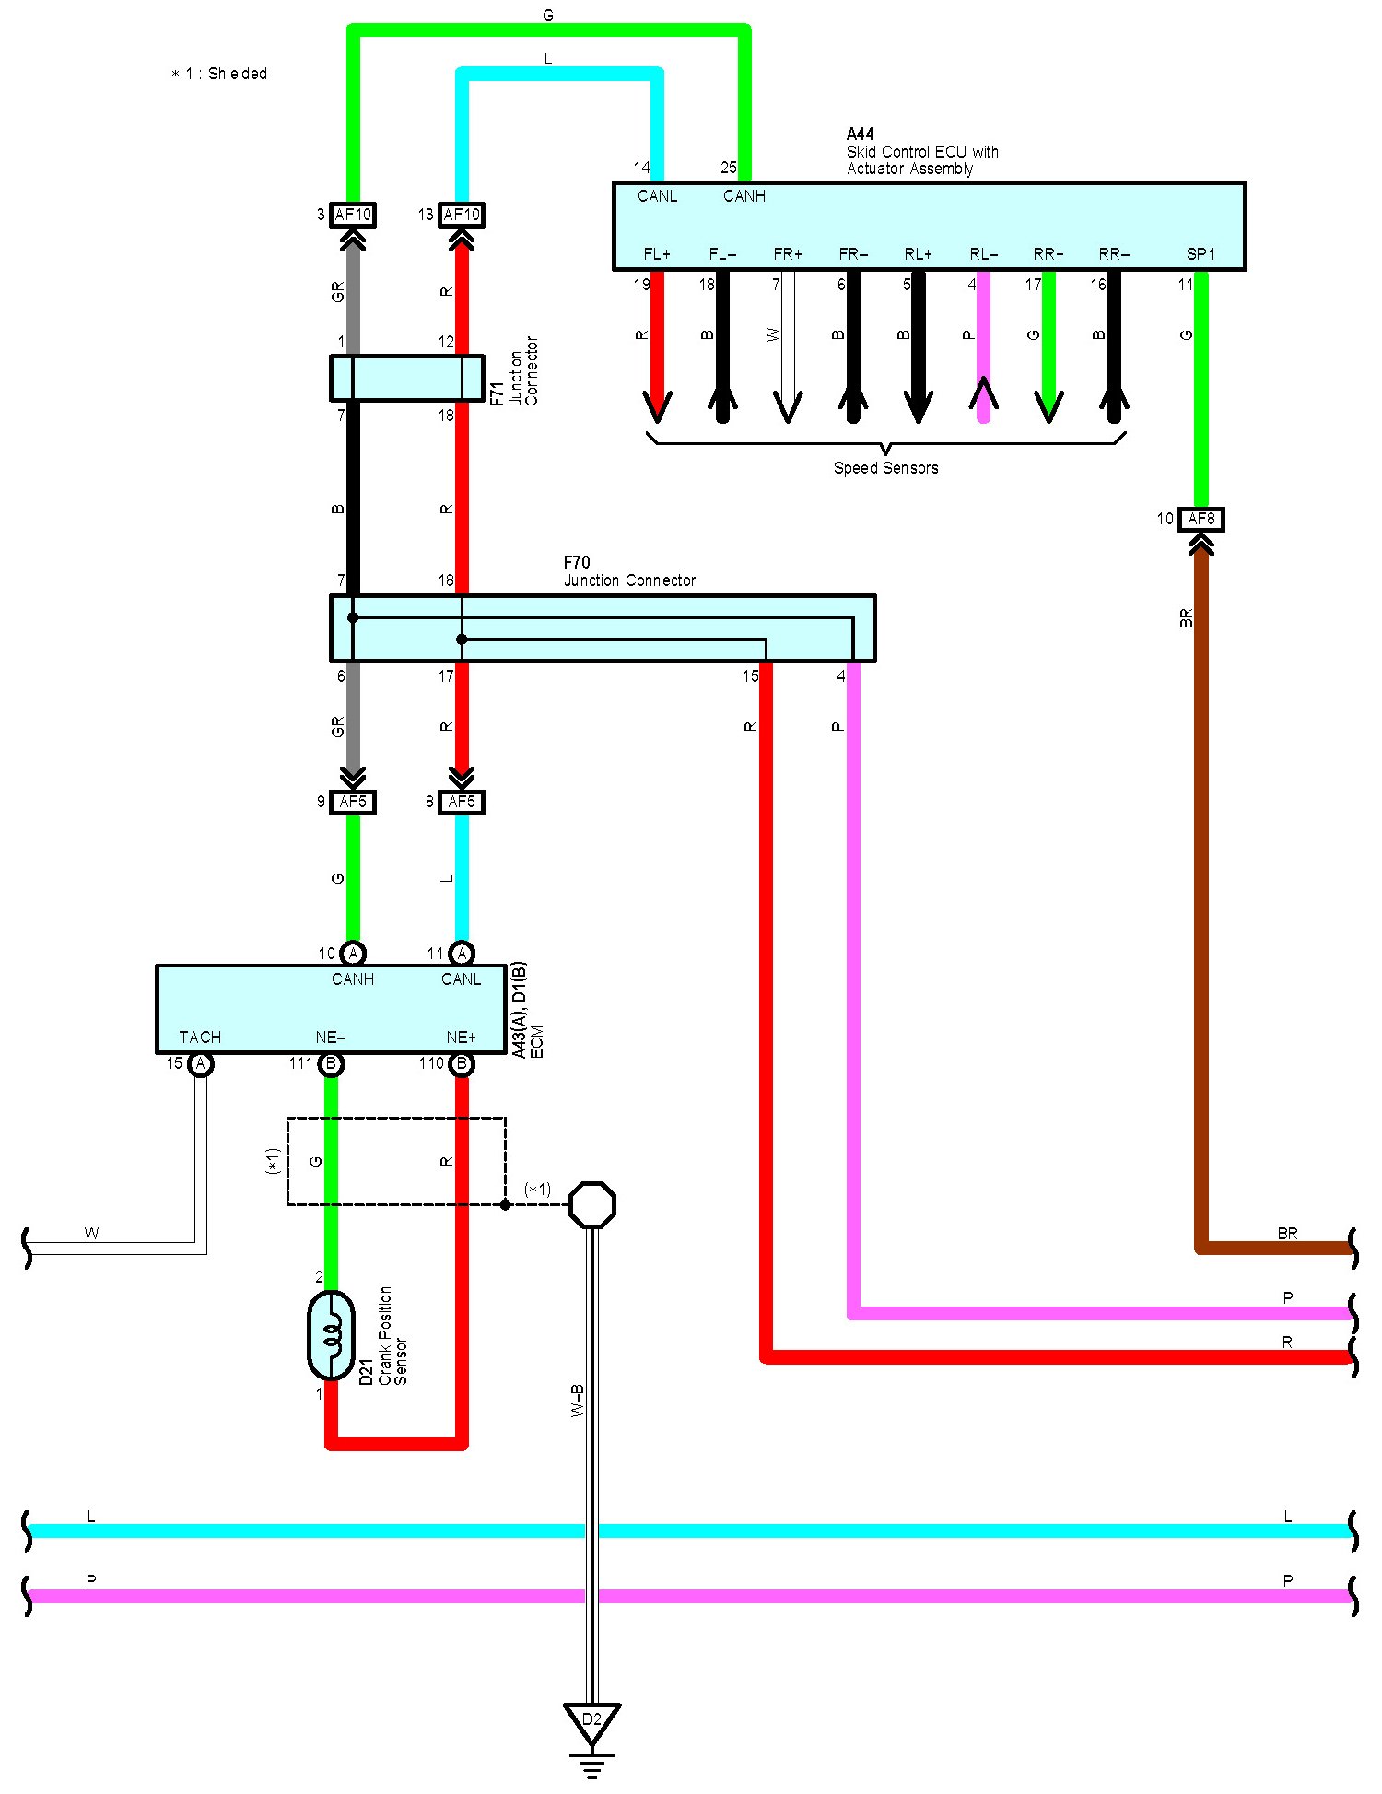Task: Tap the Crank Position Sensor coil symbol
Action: coord(331,1334)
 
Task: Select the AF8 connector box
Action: coord(1200,519)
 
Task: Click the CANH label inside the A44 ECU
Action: coord(744,196)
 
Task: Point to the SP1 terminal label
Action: coord(1200,254)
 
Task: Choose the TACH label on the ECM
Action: coord(200,1038)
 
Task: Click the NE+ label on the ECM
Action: coord(461,1038)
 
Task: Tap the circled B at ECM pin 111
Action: coord(331,1064)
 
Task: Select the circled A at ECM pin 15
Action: coord(200,1064)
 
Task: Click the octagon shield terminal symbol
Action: coord(592,1204)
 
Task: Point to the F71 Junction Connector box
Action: coord(406,378)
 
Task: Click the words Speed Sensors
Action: coord(885,468)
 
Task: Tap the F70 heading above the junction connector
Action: coord(577,562)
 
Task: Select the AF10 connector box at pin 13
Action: coord(462,215)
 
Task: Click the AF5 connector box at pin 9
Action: coord(353,802)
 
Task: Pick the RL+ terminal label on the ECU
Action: coord(918,254)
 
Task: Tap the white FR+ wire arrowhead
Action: coord(788,405)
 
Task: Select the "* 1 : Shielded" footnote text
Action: coord(219,74)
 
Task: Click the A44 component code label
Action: coord(860,135)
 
